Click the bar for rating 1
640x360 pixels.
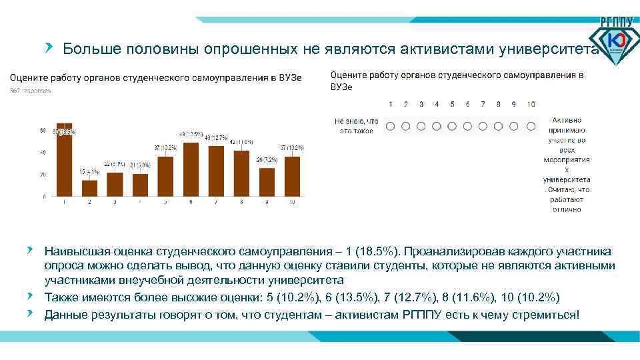click(64, 160)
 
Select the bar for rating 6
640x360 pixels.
click(191, 169)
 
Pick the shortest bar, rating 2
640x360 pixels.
click(89, 188)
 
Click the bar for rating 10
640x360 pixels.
click(292, 176)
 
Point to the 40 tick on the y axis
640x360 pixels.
click(43, 153)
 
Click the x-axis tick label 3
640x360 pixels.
click(115, 201)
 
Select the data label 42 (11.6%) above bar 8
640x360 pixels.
click(242, 142)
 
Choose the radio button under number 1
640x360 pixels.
click(390, 126)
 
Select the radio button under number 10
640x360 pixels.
click(531, 126)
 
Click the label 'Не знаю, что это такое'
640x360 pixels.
click(356, 126)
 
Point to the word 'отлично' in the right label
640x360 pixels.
click(566, 209)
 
